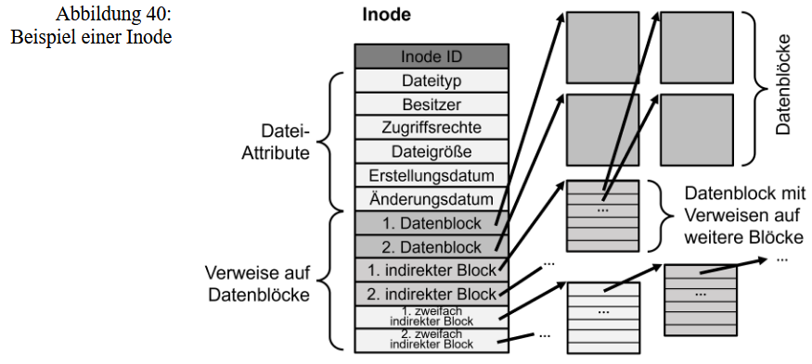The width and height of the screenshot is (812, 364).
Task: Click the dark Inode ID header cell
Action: pyautogui.click(x=432, y=56)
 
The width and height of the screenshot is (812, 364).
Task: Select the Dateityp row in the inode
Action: pyautogui.click(x=432, y=81)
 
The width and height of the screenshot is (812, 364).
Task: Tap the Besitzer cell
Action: pyautogui.click(x=432, y=104)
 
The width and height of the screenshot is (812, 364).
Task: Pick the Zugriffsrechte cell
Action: pyautogui.click(x=432, y=128)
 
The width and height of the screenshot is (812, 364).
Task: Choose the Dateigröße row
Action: pyautogui.click(x=432, y=151)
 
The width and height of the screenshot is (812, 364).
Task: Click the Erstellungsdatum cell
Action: pyautogui.click(x=432, y=175)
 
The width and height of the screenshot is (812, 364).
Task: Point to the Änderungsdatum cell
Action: pyautogui.click(x=432, y=199)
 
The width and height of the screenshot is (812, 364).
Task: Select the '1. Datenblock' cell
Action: pyautogui.click(x=432, y=223)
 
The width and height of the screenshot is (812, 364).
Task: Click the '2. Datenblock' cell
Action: pyautogui.click(x=432, y=247)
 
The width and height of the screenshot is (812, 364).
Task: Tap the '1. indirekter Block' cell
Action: pyautogui.click(x=432, y=270)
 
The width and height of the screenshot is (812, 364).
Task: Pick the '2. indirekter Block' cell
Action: pyautogui.click(x=432, y=295)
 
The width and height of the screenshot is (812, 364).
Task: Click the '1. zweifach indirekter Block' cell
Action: pyautogui.click(x=432, y=317)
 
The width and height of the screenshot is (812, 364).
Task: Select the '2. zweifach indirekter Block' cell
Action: pyautogui.click(x=432, y=340)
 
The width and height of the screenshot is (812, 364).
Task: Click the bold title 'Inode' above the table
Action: pyautogui.click(x=384, y=16)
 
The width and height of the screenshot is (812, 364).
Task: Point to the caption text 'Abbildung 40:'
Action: pyautogui.click(x=114, y=15)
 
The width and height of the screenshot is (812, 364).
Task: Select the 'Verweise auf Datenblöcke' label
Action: pyautogui.click(x=256, y=285)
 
